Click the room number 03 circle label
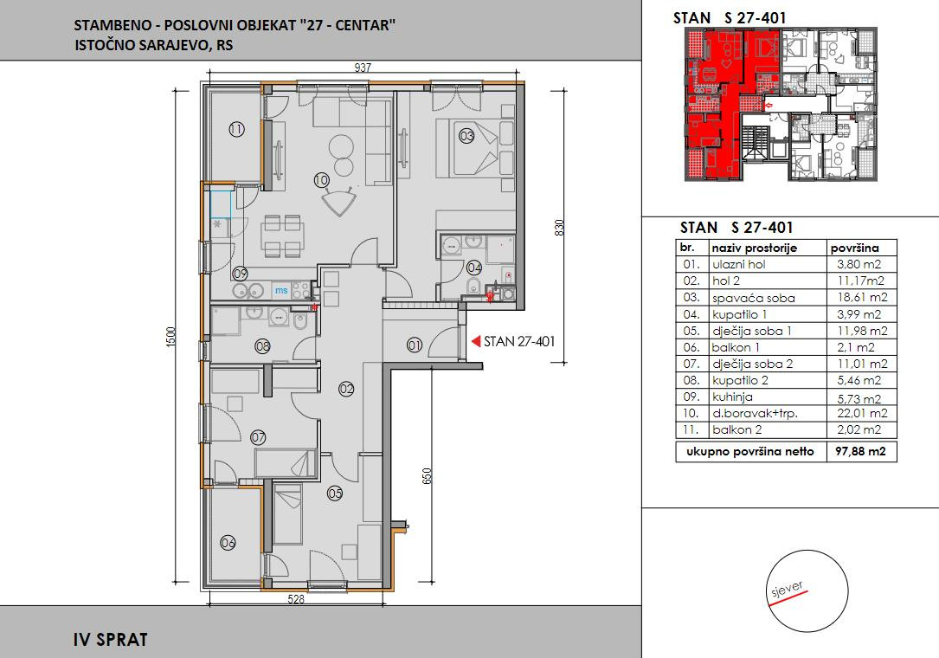tap(466, 135)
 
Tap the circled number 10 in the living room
tap(321, 180)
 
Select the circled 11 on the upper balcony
tap(236, 129)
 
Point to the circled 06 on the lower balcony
tap(228, 543)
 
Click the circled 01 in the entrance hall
tap(415, 345)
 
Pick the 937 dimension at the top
tap(363, 68)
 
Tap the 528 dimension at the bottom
tap(296, 598)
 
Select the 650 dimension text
tap(427, 476)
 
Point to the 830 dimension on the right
tap(559, 227)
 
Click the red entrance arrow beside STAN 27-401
tap(476, 341)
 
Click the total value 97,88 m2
tap(860, 451)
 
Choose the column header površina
tap(854, 248)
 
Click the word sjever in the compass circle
tap(787, 590)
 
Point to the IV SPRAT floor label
tap(110, 640)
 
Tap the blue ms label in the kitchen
tap(281, 291)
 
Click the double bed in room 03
tap(475, 148)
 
